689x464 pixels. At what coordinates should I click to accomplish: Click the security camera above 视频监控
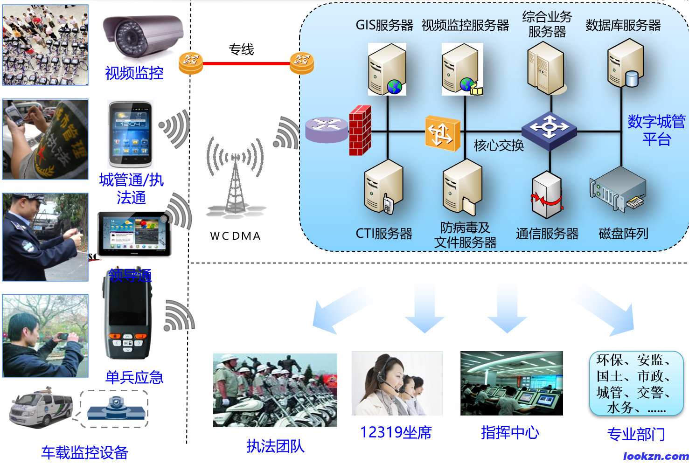pos(142,35)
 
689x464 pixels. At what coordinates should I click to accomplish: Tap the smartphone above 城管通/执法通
pos(130,134)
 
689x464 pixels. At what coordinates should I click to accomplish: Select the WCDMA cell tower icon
pos(236,179)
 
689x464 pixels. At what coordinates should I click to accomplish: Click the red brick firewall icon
pos(360,131)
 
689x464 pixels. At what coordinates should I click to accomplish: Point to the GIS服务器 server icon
pos(387,69)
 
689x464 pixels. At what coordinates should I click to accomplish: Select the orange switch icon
pos(442,133)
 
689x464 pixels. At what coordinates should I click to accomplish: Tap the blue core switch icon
pos(549,130)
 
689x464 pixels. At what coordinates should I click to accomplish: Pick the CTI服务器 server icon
pos(383,187)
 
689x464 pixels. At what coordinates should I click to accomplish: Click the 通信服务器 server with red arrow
pos(547,195)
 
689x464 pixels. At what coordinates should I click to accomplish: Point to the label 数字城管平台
pos(656,130)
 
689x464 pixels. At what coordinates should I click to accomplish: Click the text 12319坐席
pos(396,432)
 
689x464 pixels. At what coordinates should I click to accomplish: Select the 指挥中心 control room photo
pos(511,383)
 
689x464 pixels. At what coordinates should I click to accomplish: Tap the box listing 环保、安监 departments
pos(636,383)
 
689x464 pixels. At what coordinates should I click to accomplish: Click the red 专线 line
pos(246,63)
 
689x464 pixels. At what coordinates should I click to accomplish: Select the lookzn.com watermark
pos(655,456)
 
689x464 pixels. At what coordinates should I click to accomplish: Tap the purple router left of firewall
pos(327,129)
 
